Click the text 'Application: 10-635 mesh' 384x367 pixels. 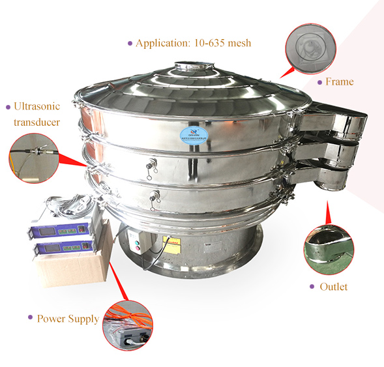(193, 43)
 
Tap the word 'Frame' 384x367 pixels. (339, 81)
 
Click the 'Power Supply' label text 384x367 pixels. (68, 319)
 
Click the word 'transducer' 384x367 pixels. (37, 122)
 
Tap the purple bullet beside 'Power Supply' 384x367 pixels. (30, 317)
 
